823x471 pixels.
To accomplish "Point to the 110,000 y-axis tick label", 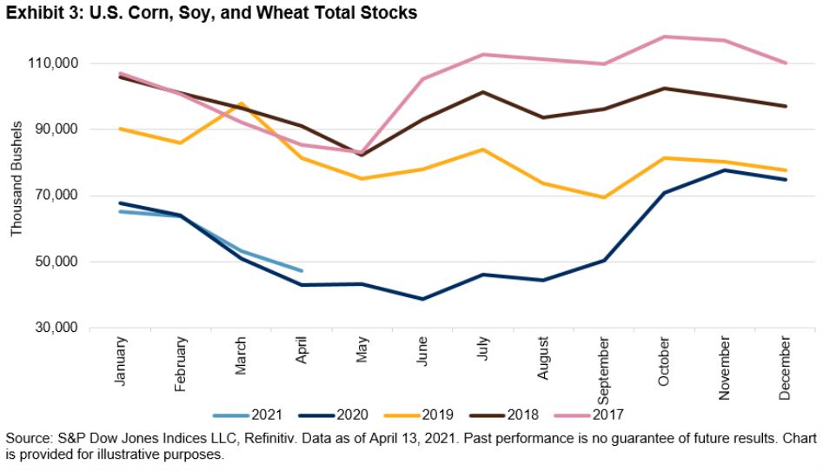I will pos(54,63).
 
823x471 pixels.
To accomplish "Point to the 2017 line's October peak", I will pos(665,36).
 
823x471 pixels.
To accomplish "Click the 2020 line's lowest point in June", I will pos(422,299).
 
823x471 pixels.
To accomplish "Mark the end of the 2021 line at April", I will pos(302,270).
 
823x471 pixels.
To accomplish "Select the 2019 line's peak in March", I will pos(241,103).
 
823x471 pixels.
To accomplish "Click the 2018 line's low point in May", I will pos(362,155).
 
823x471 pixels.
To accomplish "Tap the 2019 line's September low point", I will pos(603,197).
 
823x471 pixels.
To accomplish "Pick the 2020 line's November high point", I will pos(725,170).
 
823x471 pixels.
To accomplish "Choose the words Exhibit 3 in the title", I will pos(39,13).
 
